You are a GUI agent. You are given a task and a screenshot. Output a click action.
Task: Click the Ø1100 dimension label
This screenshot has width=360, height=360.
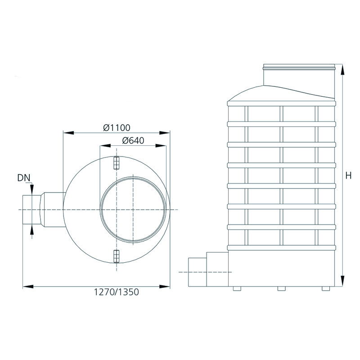117,128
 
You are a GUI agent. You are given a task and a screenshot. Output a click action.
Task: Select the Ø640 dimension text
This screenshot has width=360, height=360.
133,140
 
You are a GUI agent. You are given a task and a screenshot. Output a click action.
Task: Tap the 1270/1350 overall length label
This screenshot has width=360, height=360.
117,292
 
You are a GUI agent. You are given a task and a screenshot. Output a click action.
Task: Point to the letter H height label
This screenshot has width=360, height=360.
348,175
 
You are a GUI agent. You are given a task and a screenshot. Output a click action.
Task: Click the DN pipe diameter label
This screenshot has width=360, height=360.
24,178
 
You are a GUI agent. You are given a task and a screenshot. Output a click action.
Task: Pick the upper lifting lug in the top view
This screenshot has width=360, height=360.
117,163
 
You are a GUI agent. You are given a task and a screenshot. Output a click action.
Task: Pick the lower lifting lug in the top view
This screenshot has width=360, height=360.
117,256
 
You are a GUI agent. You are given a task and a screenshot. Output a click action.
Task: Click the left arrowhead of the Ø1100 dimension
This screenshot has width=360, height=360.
68,133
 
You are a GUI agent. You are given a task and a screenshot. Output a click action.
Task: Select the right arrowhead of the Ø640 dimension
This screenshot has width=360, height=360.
161,145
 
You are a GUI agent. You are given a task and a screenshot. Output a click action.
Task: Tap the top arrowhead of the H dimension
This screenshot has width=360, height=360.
342,70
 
